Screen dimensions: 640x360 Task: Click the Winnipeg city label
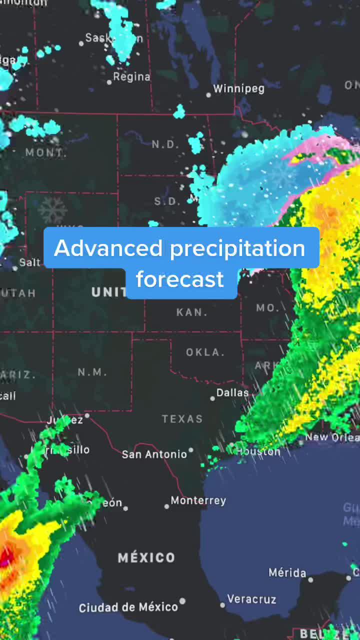point(238,89)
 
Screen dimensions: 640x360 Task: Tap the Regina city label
point(131,76)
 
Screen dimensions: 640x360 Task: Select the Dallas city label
point(232,392)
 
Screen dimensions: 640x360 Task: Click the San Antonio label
point(154,454)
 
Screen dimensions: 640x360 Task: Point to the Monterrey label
point(198,500)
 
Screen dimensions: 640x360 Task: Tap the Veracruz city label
point(251,598)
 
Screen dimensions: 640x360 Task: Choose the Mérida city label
point(287,572)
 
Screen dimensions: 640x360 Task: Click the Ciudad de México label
point(128,607)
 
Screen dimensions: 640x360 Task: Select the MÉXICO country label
point(146,557)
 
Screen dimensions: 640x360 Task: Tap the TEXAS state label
point(182,419)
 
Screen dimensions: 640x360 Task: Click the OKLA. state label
point(205,352)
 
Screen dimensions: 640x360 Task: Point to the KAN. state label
point(192,312)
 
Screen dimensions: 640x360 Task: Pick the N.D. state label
point(165,144)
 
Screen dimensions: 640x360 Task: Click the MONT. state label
point(45,152)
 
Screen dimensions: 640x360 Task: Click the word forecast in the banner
point(180,279)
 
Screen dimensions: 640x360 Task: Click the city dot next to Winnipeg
point(209,94)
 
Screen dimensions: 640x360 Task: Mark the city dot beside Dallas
point(212,398)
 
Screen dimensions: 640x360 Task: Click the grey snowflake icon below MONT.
point(52,210)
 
